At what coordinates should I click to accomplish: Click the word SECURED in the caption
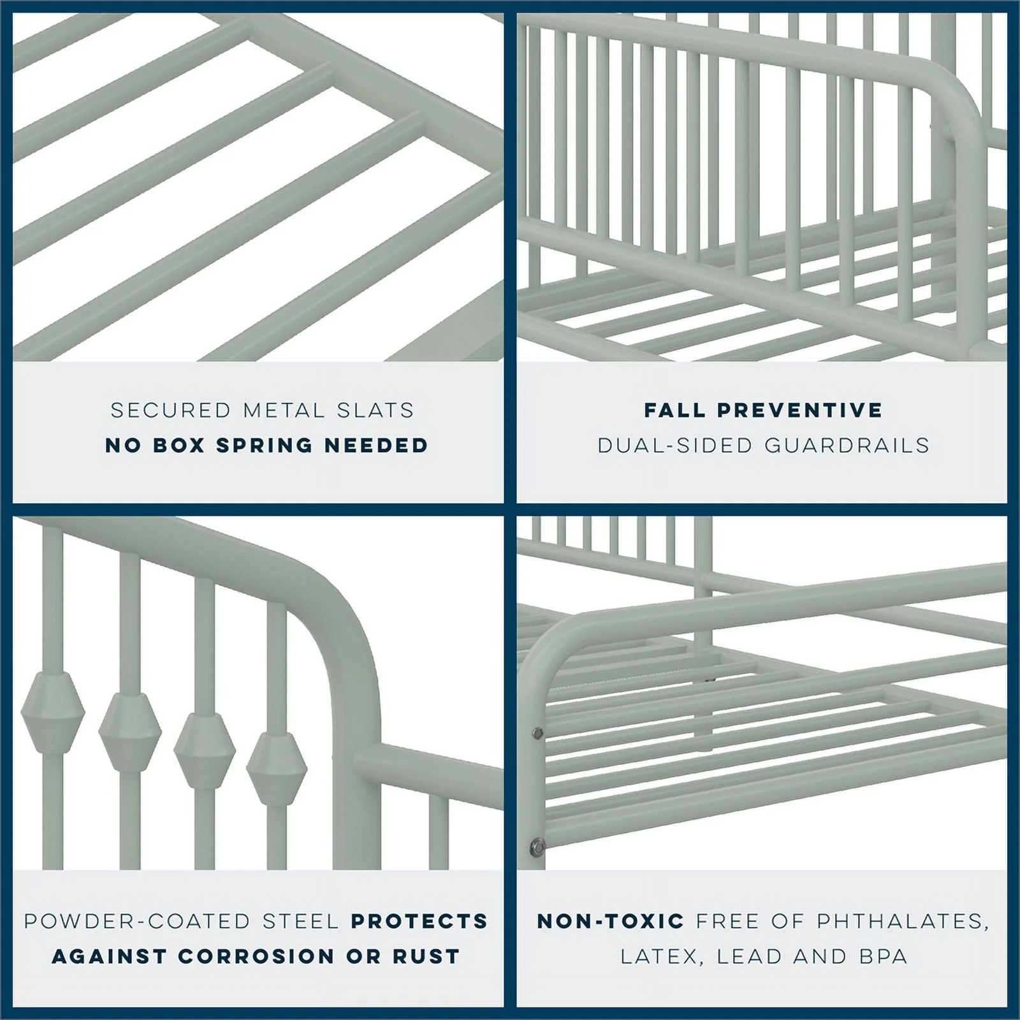pos(170,410)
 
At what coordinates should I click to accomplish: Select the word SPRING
pos(264,445)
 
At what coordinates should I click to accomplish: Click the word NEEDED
pos(375,445)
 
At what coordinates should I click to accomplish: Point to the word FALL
pos(674,410)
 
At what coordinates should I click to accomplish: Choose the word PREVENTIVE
pos(800,410)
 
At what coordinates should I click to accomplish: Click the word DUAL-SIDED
pos(675,445)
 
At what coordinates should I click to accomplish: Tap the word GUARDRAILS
pos(847,445)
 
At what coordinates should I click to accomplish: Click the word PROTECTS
pos(419,921)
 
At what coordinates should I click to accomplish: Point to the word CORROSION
pos(256,956)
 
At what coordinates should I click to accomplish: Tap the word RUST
pos(426,956)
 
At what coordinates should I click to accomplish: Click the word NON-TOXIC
pos(610,921)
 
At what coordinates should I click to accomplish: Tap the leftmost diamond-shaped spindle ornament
pos(52,712)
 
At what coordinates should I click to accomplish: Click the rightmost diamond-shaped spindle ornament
pos(277,768)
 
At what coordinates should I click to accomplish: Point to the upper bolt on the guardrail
pos(537,734)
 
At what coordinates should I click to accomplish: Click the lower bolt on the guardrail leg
pos(537,847)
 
